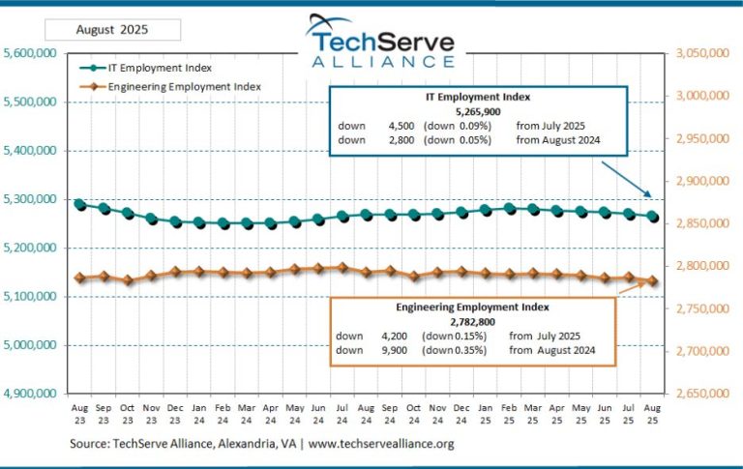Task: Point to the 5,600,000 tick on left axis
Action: pyautogui.click(x=31, y=53)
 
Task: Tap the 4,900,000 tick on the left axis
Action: pyautogui.click(x=31, y=394)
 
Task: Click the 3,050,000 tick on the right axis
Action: pyautogui.click(x=699, y=53)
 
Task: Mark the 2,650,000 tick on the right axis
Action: pyautogui.click(x=699, y=394)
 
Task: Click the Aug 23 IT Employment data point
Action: pyautogui.click(x=79, y=205)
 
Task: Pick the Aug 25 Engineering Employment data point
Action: pyautogui.click(x=654, y=281)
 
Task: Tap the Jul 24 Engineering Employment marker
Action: pyautogui.click(x=342, y=267)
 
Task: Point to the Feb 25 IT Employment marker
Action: pyautogui.click(x=511, y=208)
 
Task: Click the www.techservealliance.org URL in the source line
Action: pyautogui.click(x=380, y=444)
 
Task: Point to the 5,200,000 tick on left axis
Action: pyautogui.click(x=31, y=248)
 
